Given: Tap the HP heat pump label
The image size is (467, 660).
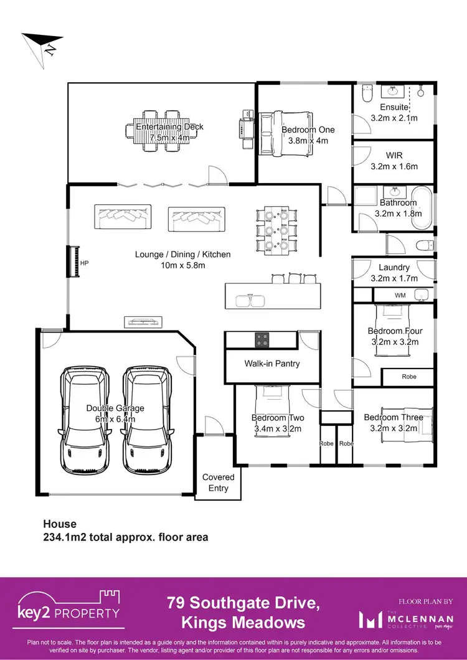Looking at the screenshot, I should tap(85, 263).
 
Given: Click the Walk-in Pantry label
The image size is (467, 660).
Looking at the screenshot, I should tap(271, 363).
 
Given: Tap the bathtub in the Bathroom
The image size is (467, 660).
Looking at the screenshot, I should tap(424, 207).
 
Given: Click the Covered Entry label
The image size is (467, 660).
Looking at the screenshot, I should tap(219, 483).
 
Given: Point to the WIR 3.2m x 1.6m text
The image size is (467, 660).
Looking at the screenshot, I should tap(394, 161).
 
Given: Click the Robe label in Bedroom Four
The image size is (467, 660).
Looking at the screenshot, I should tap(408, 377).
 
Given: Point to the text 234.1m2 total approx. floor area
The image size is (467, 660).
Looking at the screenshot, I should tap(125, 537).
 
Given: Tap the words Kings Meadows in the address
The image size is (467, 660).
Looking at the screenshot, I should tap(243, 622).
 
